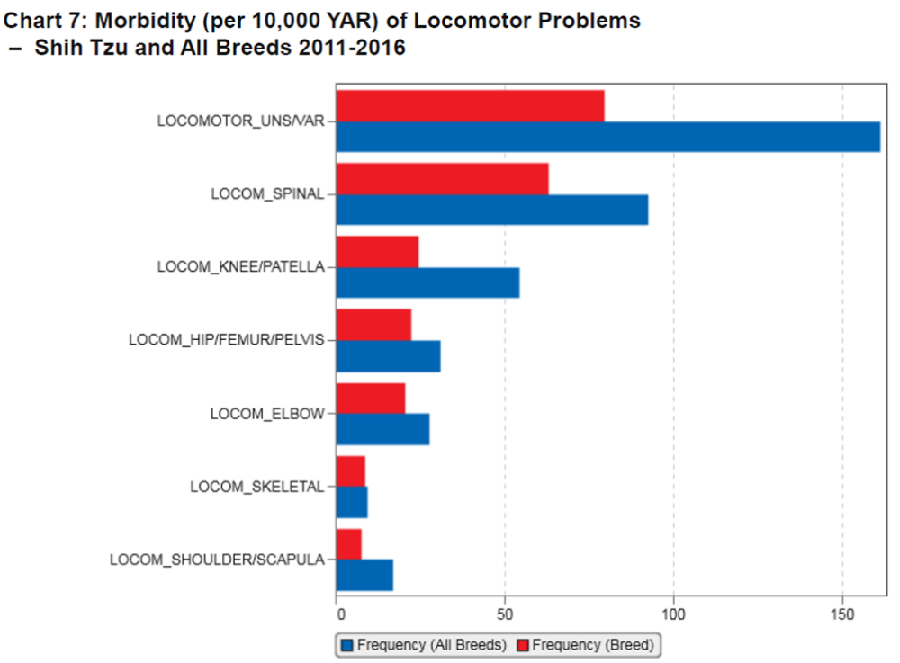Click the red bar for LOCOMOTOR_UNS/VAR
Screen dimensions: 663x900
[470, 105]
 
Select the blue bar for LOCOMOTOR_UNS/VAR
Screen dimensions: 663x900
[607, 136]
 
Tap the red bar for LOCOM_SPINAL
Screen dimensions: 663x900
[442, 179]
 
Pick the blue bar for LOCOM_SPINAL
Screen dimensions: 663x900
[491, 210]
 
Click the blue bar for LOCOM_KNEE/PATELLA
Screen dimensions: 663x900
[427, 282]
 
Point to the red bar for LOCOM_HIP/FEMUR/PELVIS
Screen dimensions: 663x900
[373, 325]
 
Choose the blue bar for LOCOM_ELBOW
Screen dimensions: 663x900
[382, 429]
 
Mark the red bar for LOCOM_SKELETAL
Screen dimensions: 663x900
[350, 471]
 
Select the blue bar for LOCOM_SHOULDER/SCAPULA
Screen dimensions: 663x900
[364, 575]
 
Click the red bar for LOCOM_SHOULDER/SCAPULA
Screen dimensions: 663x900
[348, 544]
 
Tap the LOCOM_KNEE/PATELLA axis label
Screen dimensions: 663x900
[240, 267]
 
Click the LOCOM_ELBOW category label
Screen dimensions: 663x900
[266, 414]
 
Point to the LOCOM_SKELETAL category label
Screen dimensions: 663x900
[256, 487]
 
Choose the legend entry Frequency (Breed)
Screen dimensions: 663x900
[588, 645]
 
